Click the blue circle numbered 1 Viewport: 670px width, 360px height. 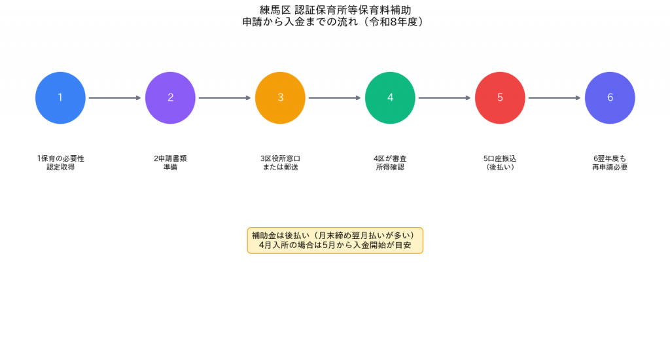(60, 98)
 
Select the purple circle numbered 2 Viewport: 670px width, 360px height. (170, 98)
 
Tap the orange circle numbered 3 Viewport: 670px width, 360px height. (280, 98)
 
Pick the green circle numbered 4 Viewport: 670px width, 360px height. (390, 98)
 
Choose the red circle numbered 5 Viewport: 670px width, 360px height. (500, 98)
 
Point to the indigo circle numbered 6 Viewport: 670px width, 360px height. (610, 98)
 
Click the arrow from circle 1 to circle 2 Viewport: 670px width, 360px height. (115, 98)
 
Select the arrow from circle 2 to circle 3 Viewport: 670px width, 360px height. (225, 98)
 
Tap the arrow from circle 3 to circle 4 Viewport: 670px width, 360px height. (335, 98)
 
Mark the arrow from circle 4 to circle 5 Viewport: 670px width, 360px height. (445, 98)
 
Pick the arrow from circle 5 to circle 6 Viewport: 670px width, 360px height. (555, 98)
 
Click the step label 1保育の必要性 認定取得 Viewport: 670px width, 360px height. (61, 163)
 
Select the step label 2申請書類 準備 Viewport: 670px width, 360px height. (170, 163)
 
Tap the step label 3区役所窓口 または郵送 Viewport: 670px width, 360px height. (280, 163)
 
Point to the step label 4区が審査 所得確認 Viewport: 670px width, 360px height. (390, 163)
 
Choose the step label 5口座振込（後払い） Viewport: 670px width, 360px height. (500, 163)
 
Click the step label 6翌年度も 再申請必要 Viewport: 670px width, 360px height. (610, 163)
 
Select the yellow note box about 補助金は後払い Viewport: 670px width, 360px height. (335, 240)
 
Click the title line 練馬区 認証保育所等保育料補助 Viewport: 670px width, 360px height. (336, 10)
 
